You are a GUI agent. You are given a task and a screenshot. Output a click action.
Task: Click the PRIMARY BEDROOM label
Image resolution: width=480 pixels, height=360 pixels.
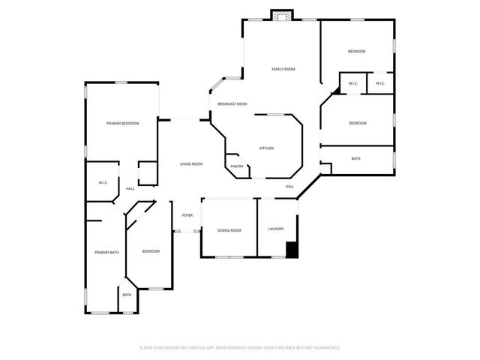coord(122,123)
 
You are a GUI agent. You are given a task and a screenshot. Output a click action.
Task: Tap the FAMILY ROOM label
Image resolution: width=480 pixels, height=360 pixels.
coord(283,69)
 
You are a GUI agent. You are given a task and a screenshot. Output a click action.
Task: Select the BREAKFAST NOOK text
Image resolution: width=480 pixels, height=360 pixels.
coord(232,103)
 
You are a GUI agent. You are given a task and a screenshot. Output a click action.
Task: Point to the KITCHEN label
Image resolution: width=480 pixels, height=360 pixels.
coord(267,148)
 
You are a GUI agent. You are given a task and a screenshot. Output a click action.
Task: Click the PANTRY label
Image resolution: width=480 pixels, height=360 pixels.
coord(237,166)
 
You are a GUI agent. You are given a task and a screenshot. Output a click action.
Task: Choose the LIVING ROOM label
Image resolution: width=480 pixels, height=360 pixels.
coord(191,163)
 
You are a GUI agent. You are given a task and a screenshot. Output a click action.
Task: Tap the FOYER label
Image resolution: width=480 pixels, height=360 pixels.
coord(187,215)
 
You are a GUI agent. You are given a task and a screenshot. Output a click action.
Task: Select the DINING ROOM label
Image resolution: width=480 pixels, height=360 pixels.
coord(229,230)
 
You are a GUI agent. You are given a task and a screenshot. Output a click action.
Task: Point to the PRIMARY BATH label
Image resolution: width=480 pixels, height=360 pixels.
coord(106,253)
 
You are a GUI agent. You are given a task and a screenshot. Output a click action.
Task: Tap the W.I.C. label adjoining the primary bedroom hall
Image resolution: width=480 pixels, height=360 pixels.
coord(103,182)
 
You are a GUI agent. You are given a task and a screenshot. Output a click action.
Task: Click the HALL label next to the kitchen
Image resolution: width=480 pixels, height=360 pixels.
coord(289,186)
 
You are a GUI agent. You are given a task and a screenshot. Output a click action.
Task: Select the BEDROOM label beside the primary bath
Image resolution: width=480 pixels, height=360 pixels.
coord(151,251)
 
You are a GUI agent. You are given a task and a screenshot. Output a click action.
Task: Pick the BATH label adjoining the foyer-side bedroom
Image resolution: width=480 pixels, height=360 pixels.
coord(127,295)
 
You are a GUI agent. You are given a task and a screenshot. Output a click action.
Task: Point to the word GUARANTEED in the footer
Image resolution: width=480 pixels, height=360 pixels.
coord(326,348)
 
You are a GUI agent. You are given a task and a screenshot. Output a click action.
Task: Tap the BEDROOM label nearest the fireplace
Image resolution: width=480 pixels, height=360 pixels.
coord(356,51)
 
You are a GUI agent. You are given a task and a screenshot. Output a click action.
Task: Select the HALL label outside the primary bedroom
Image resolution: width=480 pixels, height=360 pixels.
coord(130,188)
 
